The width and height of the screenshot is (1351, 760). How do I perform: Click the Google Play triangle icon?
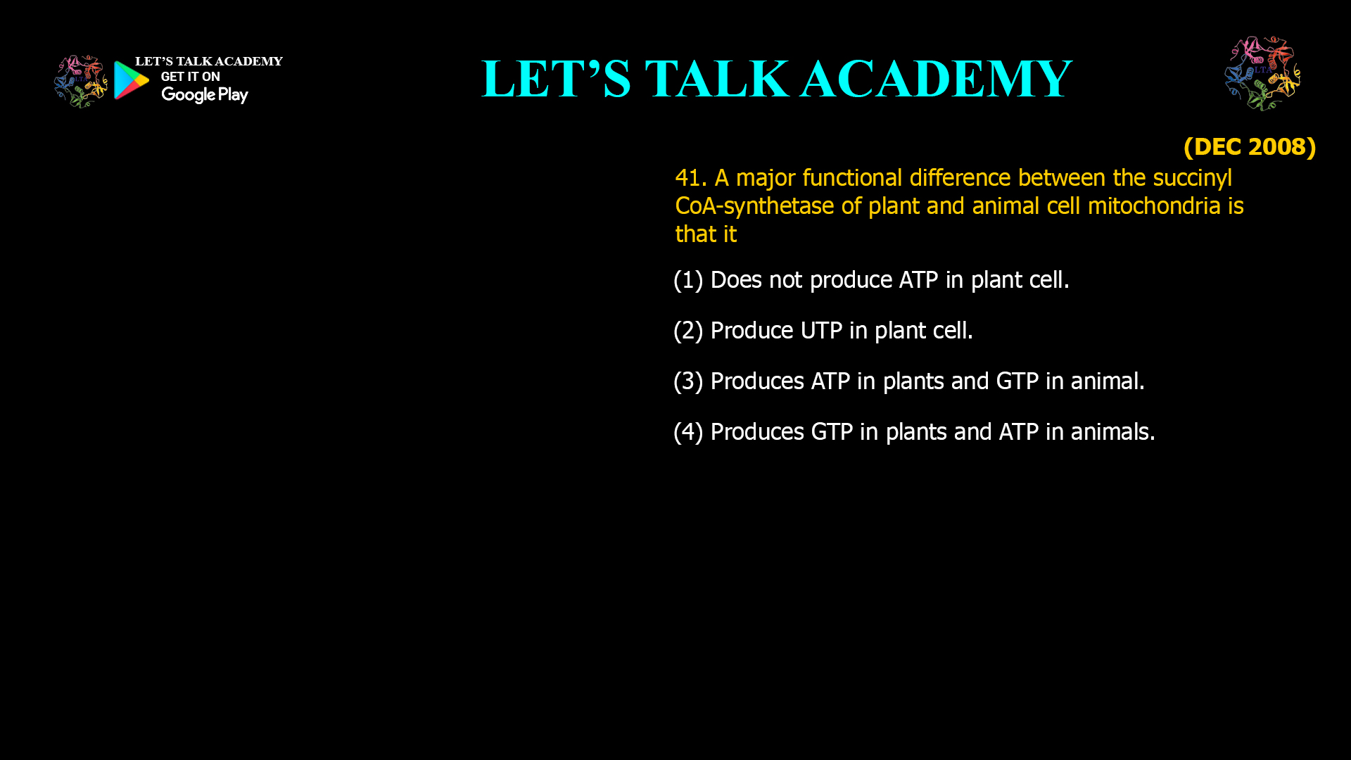(x=132, y=80)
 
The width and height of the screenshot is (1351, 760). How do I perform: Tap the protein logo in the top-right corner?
(x=1262, y=73)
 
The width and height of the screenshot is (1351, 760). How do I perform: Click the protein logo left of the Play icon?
(x=81, y=82)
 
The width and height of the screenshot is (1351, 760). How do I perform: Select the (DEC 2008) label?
(x=1249, y=147)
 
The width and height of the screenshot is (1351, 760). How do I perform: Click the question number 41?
(x=690, y=178)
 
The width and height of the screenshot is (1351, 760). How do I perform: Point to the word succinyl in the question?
(x=1192, y=178)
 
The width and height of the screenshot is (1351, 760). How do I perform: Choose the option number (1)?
(x=688, y=280)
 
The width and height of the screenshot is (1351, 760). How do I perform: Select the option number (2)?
(x=688, y=331)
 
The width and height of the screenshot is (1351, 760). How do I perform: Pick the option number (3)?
(x=688, y=381)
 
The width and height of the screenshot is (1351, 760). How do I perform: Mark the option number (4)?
(x=688, y=432)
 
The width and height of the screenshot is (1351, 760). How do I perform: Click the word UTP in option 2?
(x=821, y=331)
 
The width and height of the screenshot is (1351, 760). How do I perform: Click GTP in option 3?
(x=1017, y=381)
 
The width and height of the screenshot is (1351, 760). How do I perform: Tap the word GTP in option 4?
(x=832, y=432)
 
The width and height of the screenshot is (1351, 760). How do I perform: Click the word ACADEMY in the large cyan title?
(x=936, y=79)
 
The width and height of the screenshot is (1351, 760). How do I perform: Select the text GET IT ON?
(x=190, y=77)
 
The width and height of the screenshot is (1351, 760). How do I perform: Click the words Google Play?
(x=204, y=95)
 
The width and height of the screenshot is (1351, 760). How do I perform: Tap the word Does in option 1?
(x=736, y=280)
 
